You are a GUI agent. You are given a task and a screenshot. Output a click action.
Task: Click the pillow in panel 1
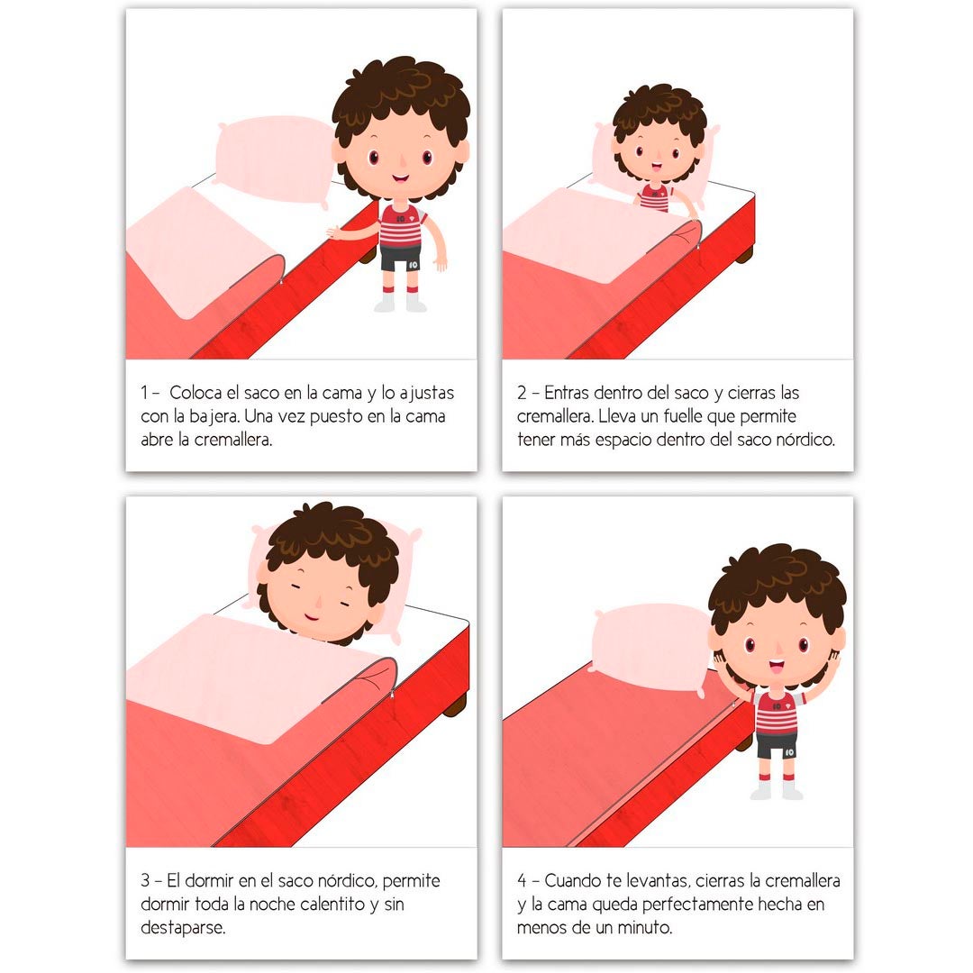[270, 158]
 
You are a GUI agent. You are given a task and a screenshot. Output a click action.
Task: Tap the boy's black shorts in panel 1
[400, 259]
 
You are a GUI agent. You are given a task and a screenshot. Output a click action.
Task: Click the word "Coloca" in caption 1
[199, 394]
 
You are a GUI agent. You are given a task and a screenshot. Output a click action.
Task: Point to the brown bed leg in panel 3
[456, 704]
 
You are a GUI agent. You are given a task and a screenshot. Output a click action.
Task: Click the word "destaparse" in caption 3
[183, 927]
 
